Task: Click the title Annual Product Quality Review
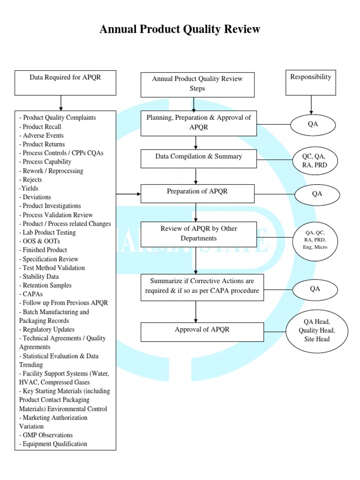[x=180, y=30]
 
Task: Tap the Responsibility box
[x=310, y=82]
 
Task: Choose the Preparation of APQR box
[x=198, y=194]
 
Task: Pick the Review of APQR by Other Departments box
[x=198, y=233]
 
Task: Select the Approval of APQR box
[x=198, y=332]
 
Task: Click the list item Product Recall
[x=40, y=127]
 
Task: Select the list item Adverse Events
[x=42, y=135]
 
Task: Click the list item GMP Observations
[x=46, y=435]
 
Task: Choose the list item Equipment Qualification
[x=53, y=444]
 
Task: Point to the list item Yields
[x=29, y=188]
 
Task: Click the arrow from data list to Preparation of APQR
[x=128, y=194]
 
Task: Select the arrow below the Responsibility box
[x=310, y=105]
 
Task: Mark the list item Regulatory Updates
[x=47, y=330]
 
